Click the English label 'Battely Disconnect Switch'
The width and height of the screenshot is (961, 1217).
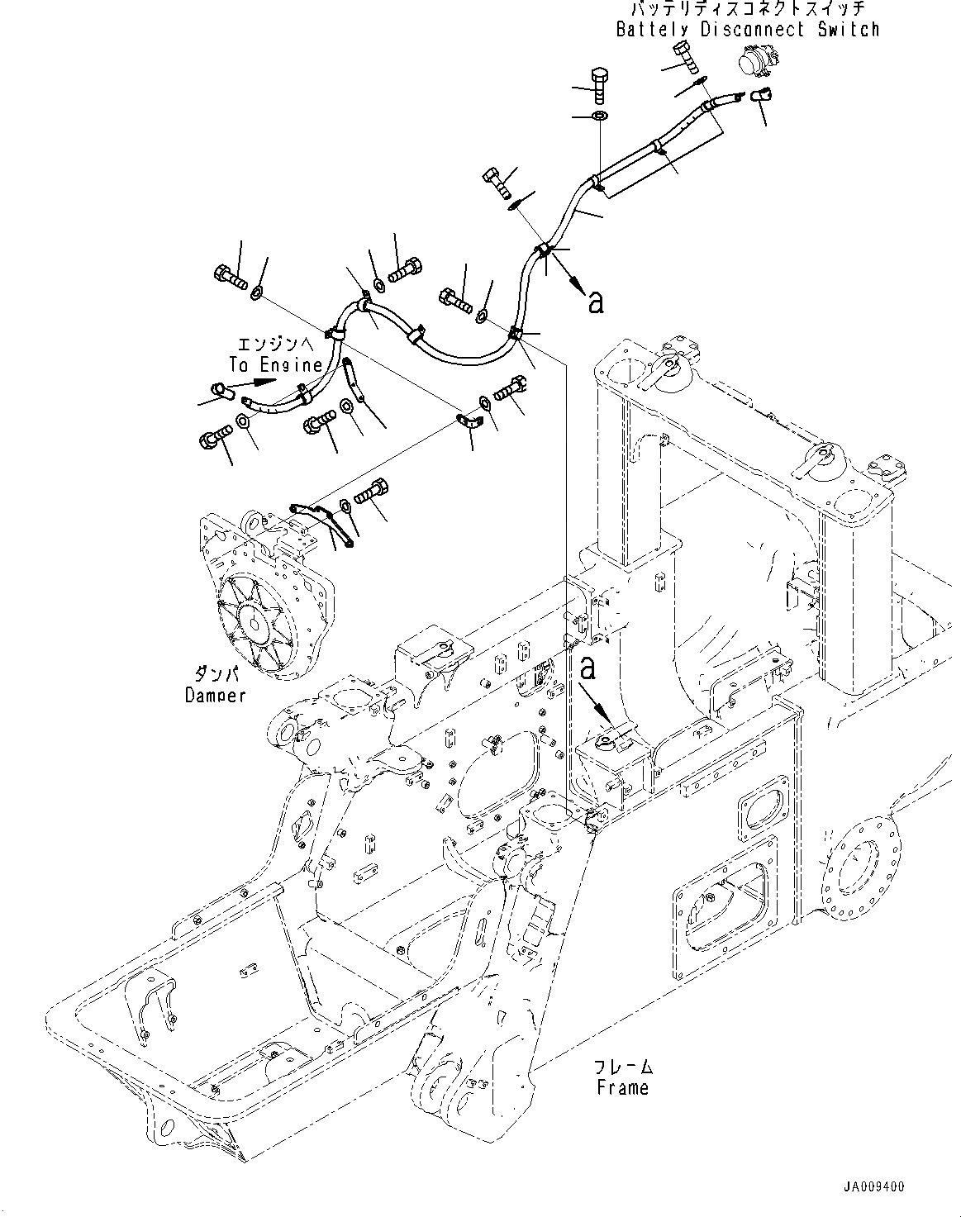point(747,30)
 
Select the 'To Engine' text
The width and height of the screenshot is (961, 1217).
point(275,364)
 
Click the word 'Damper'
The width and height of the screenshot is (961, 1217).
point(215,696)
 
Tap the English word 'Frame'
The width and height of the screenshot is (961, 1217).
point(622,1087)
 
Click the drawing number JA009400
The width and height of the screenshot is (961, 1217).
point(873,1186)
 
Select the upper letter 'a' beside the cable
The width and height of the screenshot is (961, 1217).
point(594,302)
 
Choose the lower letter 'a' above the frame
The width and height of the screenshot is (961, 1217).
point(588,668)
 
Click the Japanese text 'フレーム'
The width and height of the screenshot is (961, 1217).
point(625,1066)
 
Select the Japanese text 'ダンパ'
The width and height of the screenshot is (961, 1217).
point(213,674)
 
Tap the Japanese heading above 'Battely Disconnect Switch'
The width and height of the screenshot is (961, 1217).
point(747,10)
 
